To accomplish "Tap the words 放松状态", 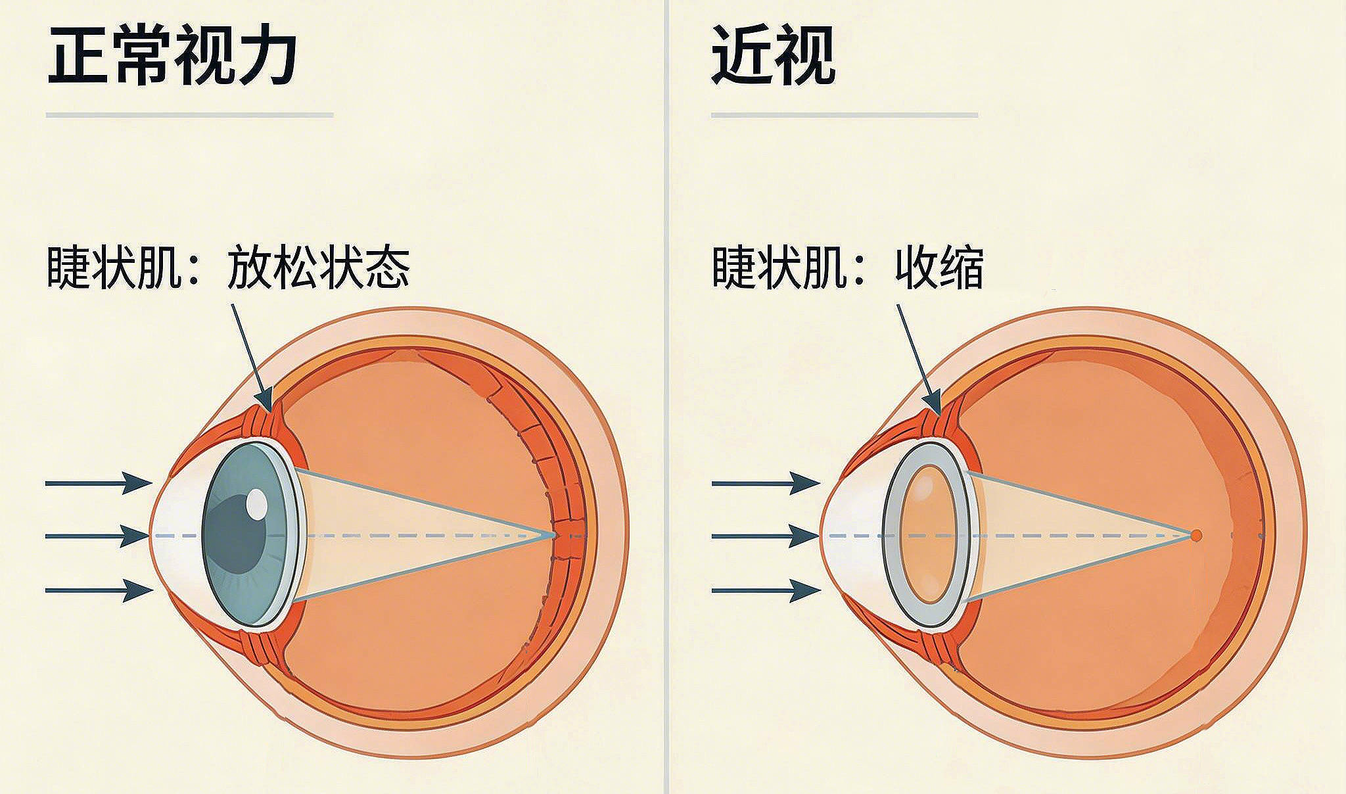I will pos(318,268).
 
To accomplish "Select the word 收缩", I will pos(939,268).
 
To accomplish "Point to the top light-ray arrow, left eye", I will pos(99,483).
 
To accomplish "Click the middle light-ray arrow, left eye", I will pos(99,536).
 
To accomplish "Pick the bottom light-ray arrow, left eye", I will pos(99,590).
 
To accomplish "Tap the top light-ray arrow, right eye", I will pos(766,483).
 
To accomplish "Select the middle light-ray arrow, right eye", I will pos(766,536).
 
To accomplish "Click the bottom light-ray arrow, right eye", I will pos(766,590).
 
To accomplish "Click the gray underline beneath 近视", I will pos(844,115).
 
